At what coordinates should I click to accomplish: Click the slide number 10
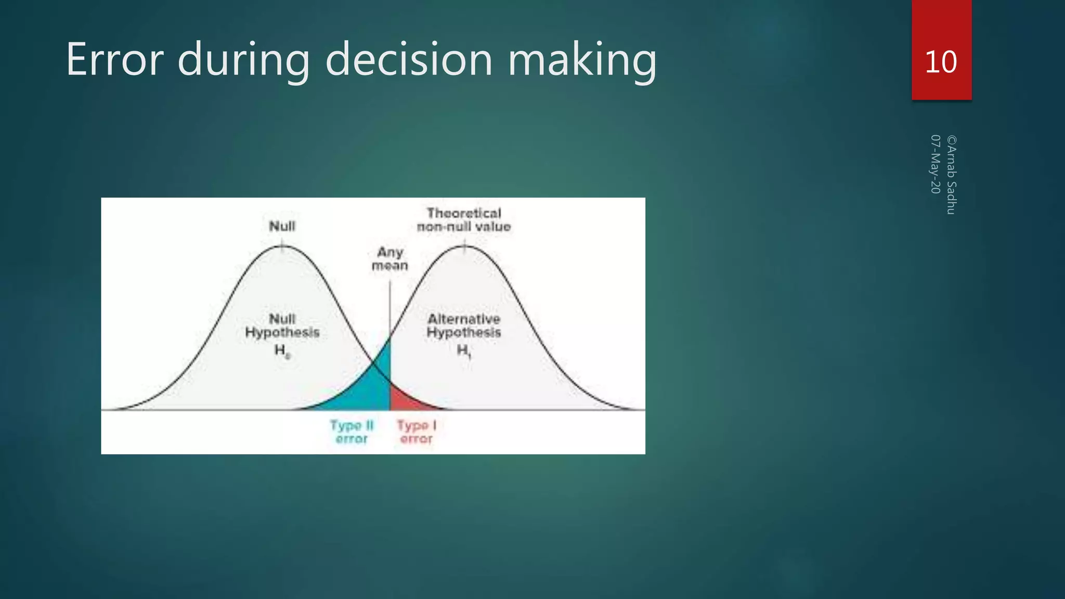click(x=941, y=62)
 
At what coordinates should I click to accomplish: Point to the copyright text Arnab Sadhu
click(x=951, y=175)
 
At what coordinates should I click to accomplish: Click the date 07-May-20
click(x=935, y=164)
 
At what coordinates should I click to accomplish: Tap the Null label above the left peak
click(x=282, y=226)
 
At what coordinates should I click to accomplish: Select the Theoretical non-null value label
click(x=464, y=220)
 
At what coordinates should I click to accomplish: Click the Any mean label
click(x=390, y=259)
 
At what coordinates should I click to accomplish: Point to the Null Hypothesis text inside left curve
click(x=282, y=325)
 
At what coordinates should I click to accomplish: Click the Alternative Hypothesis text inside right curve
click(x=464, y=325)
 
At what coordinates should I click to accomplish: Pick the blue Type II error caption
click(x=352, y=432)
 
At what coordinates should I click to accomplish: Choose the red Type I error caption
click(x=417, y=432)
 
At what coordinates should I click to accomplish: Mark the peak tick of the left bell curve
click(x=282, y=246)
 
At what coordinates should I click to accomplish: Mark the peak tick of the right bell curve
click(x=464, y=246)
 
